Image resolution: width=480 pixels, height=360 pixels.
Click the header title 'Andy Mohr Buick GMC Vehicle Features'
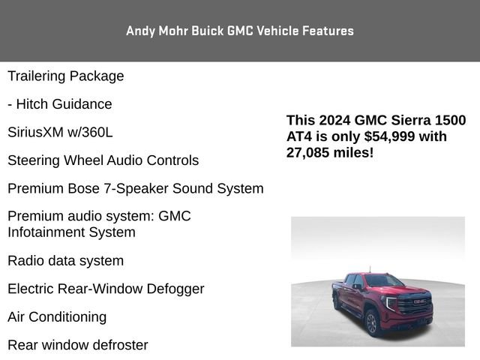point(240,31)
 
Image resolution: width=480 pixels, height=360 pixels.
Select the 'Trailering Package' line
point(66,76)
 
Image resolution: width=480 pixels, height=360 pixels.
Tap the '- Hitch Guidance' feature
point(60,104)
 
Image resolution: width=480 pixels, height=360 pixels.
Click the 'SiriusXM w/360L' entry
point(60,132)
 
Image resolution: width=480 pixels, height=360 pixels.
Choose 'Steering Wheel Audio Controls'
point(103,160)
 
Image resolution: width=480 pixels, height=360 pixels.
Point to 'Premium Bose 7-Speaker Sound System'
point(135,188)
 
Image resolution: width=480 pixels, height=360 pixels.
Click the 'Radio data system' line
point(66,261)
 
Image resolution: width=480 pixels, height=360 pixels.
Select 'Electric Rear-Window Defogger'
point(106,289)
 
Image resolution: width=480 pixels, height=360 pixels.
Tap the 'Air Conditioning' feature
point(57,316)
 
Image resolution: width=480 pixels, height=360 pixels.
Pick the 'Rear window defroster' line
point(78,345)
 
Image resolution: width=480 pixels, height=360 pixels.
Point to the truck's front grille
point(414,307)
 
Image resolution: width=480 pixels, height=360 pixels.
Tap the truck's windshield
point(384,281)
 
